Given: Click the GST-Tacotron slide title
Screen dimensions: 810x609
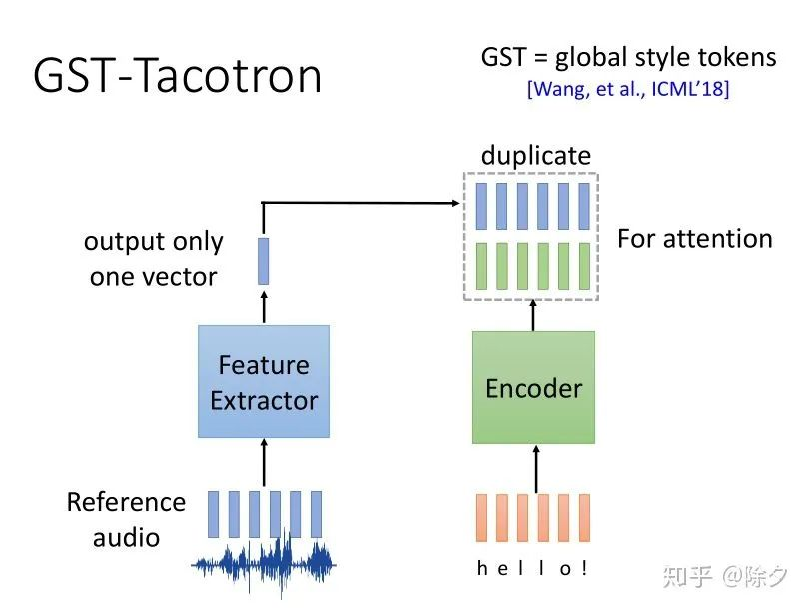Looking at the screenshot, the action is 177,76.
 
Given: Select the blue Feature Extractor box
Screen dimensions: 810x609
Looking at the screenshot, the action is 264,381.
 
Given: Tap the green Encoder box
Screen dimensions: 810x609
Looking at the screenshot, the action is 533,388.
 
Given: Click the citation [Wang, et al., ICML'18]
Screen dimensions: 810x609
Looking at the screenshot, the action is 628,89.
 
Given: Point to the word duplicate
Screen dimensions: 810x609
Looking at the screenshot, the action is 536,155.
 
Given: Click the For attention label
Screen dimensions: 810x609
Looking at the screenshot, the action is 695,239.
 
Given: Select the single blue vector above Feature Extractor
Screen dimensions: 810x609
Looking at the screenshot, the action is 264,261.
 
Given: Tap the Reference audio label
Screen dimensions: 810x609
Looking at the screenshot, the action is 126,519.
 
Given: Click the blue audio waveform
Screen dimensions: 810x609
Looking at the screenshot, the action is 264,565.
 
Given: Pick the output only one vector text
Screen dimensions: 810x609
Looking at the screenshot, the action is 154,259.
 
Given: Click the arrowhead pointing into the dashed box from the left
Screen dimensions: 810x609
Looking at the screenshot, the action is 455,203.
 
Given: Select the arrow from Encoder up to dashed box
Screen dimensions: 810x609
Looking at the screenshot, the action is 533,315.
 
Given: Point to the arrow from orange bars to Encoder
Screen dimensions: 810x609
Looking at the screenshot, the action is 536,469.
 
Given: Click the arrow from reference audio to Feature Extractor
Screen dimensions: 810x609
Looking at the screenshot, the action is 264,463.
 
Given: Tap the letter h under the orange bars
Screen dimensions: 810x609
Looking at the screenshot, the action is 482,568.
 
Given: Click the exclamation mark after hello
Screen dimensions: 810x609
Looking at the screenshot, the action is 584,568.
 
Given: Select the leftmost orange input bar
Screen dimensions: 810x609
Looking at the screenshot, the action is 482,517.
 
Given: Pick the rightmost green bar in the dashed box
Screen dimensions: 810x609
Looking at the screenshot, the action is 584,266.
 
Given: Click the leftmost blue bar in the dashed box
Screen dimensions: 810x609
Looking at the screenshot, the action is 481,206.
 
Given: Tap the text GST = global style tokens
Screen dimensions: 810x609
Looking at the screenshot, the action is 628,57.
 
